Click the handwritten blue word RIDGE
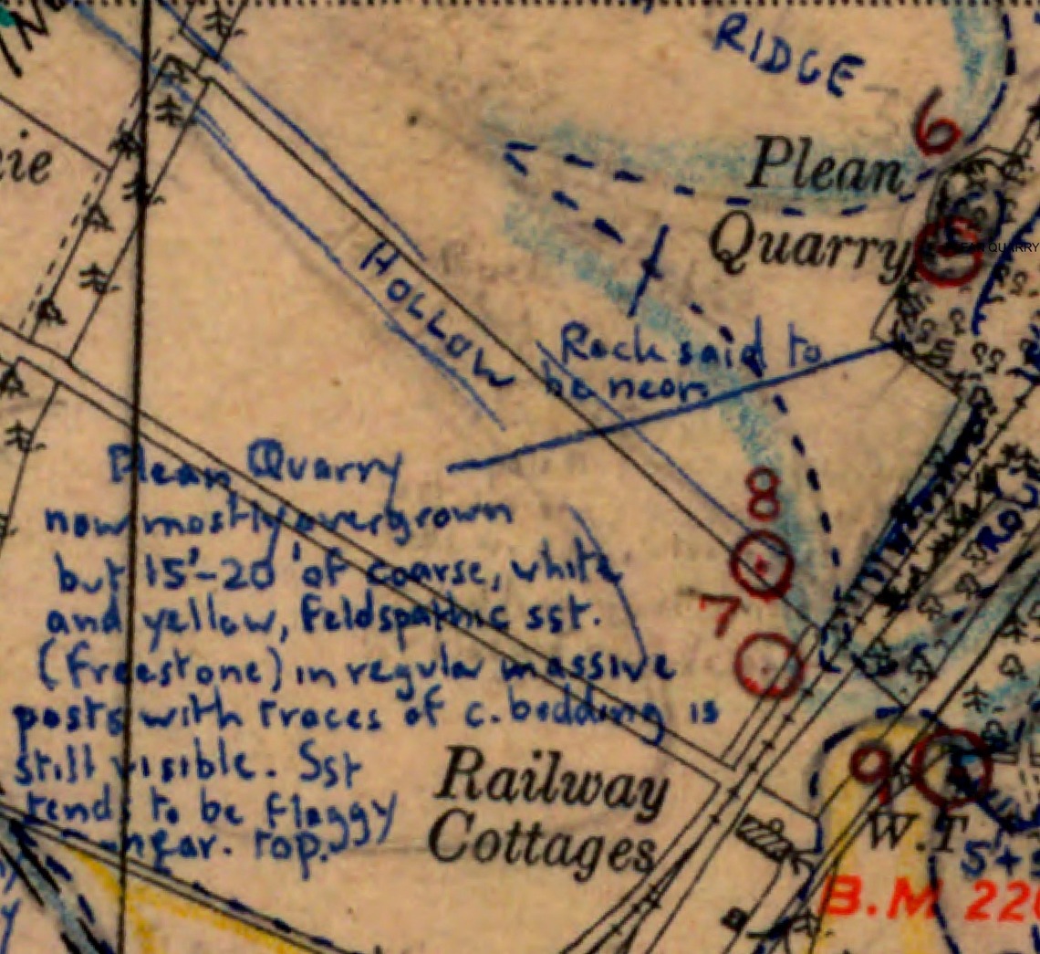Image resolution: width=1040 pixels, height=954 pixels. point(788,58)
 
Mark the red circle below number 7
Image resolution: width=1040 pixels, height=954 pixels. point(772,665)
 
